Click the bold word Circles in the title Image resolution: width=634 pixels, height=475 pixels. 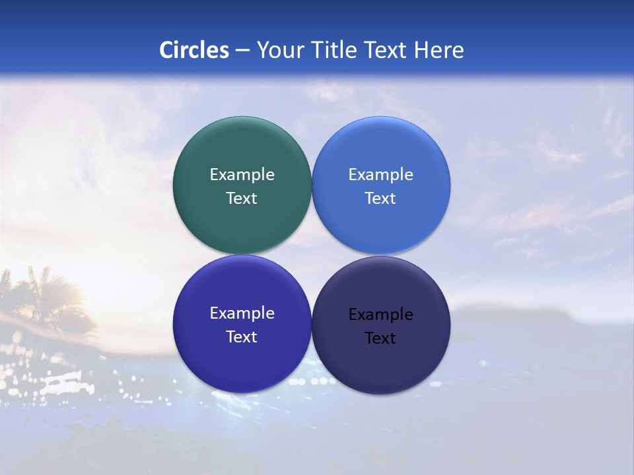[x=194, y=49]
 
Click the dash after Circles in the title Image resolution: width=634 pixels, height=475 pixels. [x=242, y=50]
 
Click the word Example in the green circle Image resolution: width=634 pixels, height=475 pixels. [x=242, y=175]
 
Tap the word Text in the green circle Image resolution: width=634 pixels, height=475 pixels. [x=242, y=199]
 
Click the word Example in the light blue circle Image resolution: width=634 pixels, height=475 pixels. [x=380, y=175]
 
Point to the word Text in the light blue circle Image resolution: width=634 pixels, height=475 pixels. [x=380, y=199]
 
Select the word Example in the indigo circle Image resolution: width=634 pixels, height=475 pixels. [x=242, y=313]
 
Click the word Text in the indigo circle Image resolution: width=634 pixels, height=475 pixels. [x=242, y=337]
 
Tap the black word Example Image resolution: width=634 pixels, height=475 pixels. [x=380, y=315]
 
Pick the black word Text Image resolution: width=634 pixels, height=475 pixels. [x=380, y=338]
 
